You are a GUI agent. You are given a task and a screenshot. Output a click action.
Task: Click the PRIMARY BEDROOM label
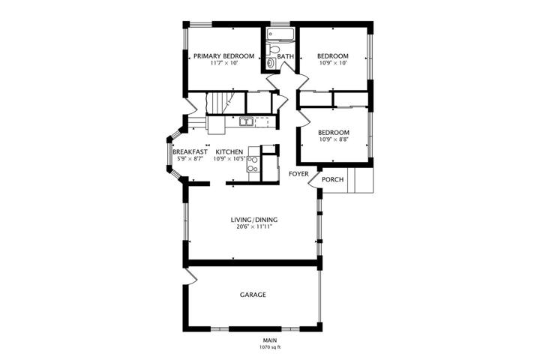[223, 55]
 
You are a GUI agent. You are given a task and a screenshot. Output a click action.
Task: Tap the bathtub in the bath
[280, 34]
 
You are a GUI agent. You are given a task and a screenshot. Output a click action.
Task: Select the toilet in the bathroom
[274, 49]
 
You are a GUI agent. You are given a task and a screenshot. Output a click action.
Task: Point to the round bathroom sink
[271, 63]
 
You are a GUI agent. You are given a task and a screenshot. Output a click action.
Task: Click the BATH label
[286, 56]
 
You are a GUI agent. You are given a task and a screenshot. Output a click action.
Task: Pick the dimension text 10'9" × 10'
[333, 63]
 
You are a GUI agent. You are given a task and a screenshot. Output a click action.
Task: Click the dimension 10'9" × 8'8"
[334, 139]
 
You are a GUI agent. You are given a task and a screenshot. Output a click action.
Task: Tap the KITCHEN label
[229, 152]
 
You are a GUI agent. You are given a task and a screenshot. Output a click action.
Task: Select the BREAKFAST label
[190, 152]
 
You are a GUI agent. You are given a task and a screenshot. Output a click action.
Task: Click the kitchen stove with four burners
[253, 163]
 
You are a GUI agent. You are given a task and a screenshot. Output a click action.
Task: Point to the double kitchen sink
[246, 121]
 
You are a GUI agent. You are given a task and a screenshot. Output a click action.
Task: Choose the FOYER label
[298, 174]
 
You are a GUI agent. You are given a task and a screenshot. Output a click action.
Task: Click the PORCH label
[333, 179]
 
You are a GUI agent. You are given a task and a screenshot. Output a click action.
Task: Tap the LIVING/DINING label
[254, 220]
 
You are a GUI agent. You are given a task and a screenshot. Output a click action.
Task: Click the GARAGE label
[253, 295]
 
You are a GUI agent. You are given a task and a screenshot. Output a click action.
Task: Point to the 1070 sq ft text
[270, 347]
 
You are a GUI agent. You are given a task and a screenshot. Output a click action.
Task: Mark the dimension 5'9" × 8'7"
[190, 159]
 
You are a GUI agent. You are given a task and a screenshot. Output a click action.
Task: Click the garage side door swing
[191, 276]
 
